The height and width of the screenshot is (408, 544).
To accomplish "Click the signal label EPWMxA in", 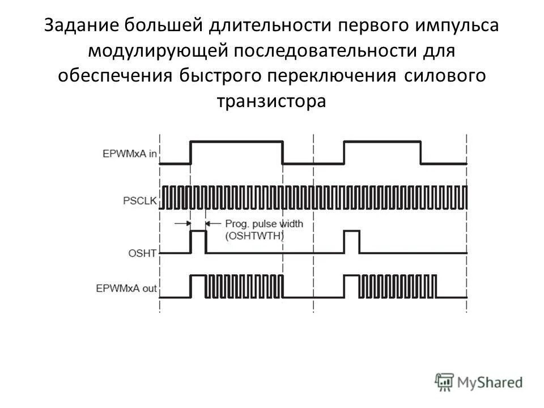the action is (x=129, y=154).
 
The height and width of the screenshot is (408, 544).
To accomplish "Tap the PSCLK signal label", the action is (x=138, y=199).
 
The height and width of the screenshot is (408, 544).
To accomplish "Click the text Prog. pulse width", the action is (x=263, y=224).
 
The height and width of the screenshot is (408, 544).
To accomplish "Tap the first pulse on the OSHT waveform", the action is (x=198, y=242).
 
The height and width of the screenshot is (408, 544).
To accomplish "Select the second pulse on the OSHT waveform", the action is (x=351, y=242).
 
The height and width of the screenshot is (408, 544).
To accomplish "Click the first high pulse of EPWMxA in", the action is (x=236, y=152).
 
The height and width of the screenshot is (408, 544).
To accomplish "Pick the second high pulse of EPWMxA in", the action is (x=382, y=152).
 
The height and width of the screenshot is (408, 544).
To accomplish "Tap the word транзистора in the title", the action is (x=271, y=101).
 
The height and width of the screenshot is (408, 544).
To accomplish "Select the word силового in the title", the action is (x=445, y=76).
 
